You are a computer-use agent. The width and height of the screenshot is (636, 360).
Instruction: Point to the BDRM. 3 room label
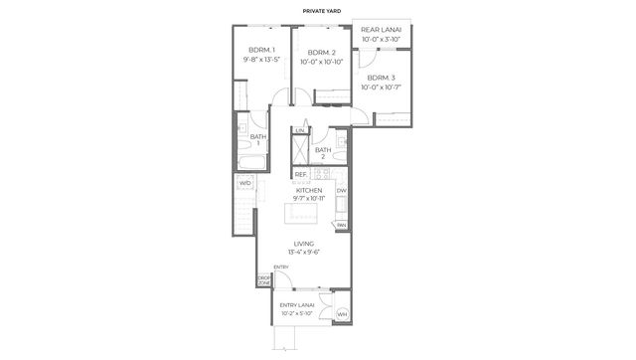[x=381, y=77]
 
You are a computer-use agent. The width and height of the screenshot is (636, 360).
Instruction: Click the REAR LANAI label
[x=381, y=31]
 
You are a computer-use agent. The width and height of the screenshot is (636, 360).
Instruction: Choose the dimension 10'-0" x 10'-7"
[x=381, y=88]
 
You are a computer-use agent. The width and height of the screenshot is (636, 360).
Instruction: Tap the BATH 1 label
[x=258, y=140]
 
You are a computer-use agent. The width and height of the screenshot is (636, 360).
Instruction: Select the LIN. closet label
[x=299, y=130]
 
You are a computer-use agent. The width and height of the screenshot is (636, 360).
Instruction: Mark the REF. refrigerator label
[x=299, y=175]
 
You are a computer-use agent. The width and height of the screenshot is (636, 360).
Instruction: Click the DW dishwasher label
[x=341, y=191]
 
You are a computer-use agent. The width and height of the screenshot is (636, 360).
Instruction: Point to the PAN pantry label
[x=341, y=225]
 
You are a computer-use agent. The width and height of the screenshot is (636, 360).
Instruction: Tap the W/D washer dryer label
[x=243, y=183]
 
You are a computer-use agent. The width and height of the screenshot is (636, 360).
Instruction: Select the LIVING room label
[x=304, y=244]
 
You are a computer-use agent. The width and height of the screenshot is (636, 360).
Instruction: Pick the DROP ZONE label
[x=264, y=280]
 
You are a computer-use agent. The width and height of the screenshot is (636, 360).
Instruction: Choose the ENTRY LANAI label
[x=297, y=305]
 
